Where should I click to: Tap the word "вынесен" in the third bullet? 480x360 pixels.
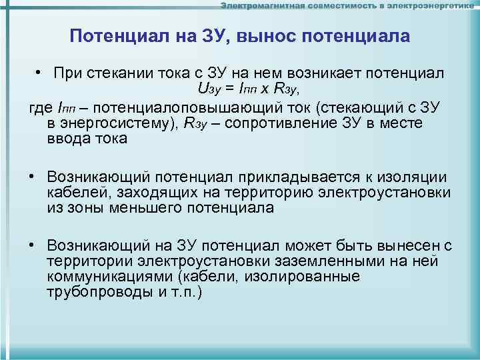[x=415, y=245]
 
